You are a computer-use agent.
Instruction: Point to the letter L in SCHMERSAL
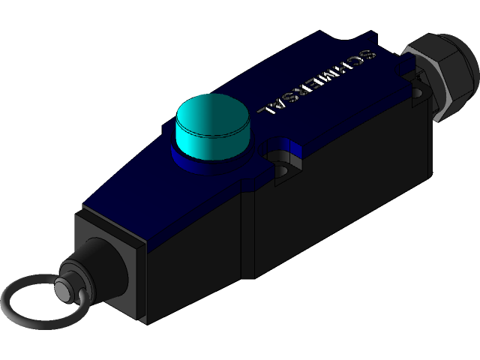[268, 110]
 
